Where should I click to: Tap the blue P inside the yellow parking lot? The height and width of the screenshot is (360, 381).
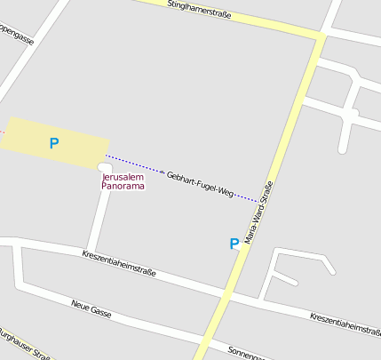(x=54, y=142)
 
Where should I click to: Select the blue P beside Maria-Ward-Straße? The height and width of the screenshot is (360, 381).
(x=234, y=244)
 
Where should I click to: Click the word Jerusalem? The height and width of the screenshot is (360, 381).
(x=123, y=177)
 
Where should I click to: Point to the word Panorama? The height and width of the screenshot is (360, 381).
(x=123, y=187)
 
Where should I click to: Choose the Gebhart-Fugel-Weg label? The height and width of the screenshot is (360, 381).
(x=200, y=183)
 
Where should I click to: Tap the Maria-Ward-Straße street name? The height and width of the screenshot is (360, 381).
(x=258, y=213)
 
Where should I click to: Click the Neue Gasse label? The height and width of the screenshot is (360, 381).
(x=91, y=310)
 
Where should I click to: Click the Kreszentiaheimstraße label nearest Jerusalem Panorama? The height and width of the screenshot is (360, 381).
(x=118, y=264)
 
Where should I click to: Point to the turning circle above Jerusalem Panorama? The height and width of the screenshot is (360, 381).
(x=105, y=167)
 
